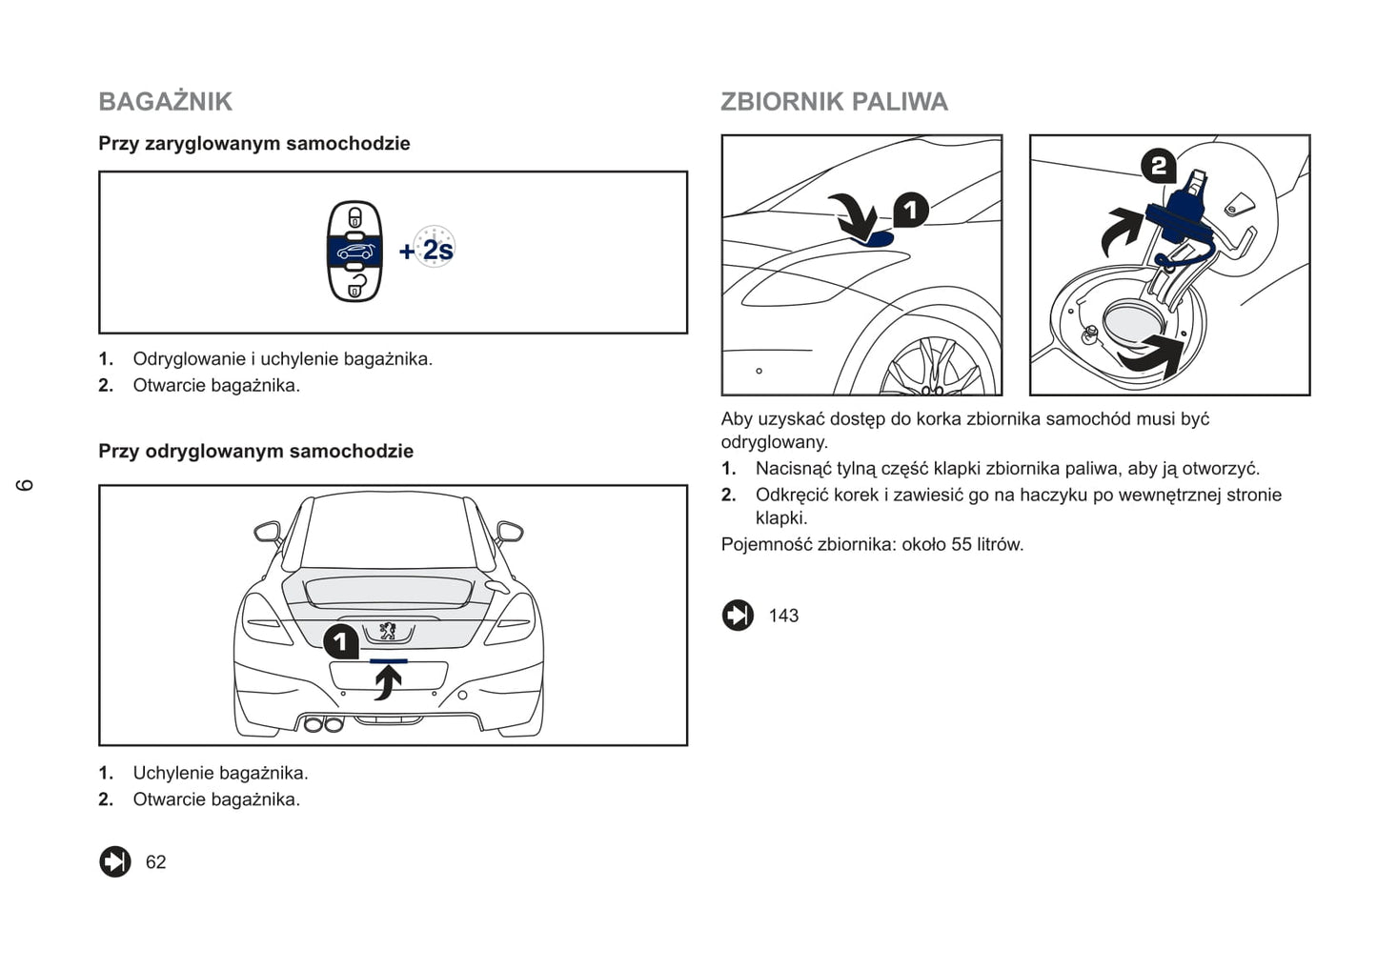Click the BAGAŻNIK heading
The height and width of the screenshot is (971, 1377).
pyautogui.click(x=165, y=102)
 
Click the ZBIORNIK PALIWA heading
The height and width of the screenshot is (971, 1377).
pyautogui.click(x=834, y=102)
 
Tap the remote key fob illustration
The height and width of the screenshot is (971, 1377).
pyautogui.click(x=354, y=251)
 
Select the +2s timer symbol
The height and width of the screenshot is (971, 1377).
pyautogui.click(x=428, y=249)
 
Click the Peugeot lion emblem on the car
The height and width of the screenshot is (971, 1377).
pyautogui.click(x=388, y=631)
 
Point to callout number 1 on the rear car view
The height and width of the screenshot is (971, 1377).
pyautogui.click(x=341, y=642)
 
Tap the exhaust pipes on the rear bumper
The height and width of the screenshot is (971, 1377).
pyautogui.click(x=323, y=724)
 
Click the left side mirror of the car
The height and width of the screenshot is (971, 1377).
pyautogui.click(x=267, y=531)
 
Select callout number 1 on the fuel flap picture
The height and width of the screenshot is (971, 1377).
pyautogui.click(x=910, y=211)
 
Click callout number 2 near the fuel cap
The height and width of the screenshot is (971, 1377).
pyautogui.click(x=1158, y=168)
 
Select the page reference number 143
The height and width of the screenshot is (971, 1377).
pyautogui.click(x=783, y=616)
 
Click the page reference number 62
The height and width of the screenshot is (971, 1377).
pyautogui.click(x=155, y=862)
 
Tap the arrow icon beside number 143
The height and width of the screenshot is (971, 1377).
pyautogui.click(x=738, y=616)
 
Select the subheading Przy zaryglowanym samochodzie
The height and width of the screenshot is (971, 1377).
pyautogui.click(x=254, y=144)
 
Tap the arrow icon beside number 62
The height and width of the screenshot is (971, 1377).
pyautogui.click(x=115, y=861)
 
